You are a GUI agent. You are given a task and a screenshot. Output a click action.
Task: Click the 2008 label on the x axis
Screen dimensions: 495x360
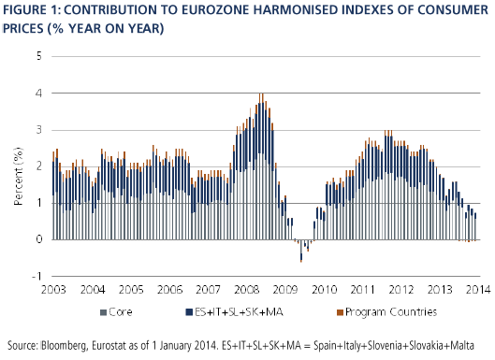tap(246, 289)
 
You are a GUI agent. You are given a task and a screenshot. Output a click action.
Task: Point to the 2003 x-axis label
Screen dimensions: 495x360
tap(53, 289)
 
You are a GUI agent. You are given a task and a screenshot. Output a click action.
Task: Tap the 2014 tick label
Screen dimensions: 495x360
tap(478, 289)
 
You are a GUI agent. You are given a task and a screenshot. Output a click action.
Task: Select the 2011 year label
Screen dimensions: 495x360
tap(362, 289)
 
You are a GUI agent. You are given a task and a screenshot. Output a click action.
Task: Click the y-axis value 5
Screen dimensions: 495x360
tap(39, 56)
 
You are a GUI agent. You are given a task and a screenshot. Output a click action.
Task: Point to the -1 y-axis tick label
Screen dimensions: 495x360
tap(36, 277)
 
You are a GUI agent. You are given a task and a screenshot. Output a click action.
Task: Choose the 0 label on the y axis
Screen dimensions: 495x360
tap(39, 239)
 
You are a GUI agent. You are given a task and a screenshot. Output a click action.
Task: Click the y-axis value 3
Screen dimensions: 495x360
tap(39, 130)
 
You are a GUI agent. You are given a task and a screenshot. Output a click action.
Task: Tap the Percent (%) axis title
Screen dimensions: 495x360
tap(19, 176)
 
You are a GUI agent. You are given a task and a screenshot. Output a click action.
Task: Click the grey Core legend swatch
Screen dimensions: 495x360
tap(103, 312)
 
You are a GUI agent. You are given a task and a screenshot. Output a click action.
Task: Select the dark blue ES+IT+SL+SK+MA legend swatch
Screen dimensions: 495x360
tap(189, 312)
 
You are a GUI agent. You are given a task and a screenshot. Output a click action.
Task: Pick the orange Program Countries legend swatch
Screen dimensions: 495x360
tap(340, 312)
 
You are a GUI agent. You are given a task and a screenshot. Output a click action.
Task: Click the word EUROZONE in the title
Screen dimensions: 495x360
tap(214, 10)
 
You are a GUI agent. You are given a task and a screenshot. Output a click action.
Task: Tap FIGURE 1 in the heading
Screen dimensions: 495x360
tap(32, 10)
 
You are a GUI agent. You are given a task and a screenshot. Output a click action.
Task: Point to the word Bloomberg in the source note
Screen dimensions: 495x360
tap(64, 345)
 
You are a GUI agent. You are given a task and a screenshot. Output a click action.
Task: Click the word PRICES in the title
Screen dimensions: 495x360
tap(23, 28)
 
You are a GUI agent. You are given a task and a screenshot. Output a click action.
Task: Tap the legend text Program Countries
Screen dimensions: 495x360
tap(391, 312)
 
